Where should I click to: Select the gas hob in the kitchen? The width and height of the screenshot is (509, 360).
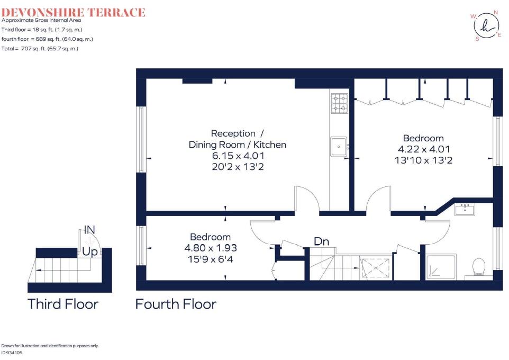click(339, 104)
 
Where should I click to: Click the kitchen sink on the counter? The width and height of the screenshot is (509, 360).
click(339, 147)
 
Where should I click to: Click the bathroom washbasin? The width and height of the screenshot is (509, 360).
click(465, 210)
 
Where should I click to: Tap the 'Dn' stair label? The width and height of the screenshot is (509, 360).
click(322, 241)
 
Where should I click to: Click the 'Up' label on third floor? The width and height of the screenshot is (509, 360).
click(89, 252)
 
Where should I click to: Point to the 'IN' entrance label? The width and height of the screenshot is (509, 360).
click(90, 230)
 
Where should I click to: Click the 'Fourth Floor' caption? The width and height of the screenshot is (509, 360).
click(176, 304)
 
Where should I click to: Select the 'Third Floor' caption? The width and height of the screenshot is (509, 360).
click(63, 304)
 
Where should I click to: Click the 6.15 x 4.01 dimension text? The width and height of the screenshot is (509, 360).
click(238, 156)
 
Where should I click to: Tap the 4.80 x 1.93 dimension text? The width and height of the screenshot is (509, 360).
click(211, 247)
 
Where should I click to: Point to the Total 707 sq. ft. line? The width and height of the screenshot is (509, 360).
click(40, 49)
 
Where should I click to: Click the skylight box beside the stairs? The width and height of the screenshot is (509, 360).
click(376, 267)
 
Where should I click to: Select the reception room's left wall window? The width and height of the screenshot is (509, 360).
click(141, 140)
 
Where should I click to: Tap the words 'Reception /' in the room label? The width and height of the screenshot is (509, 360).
click(233, 133)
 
